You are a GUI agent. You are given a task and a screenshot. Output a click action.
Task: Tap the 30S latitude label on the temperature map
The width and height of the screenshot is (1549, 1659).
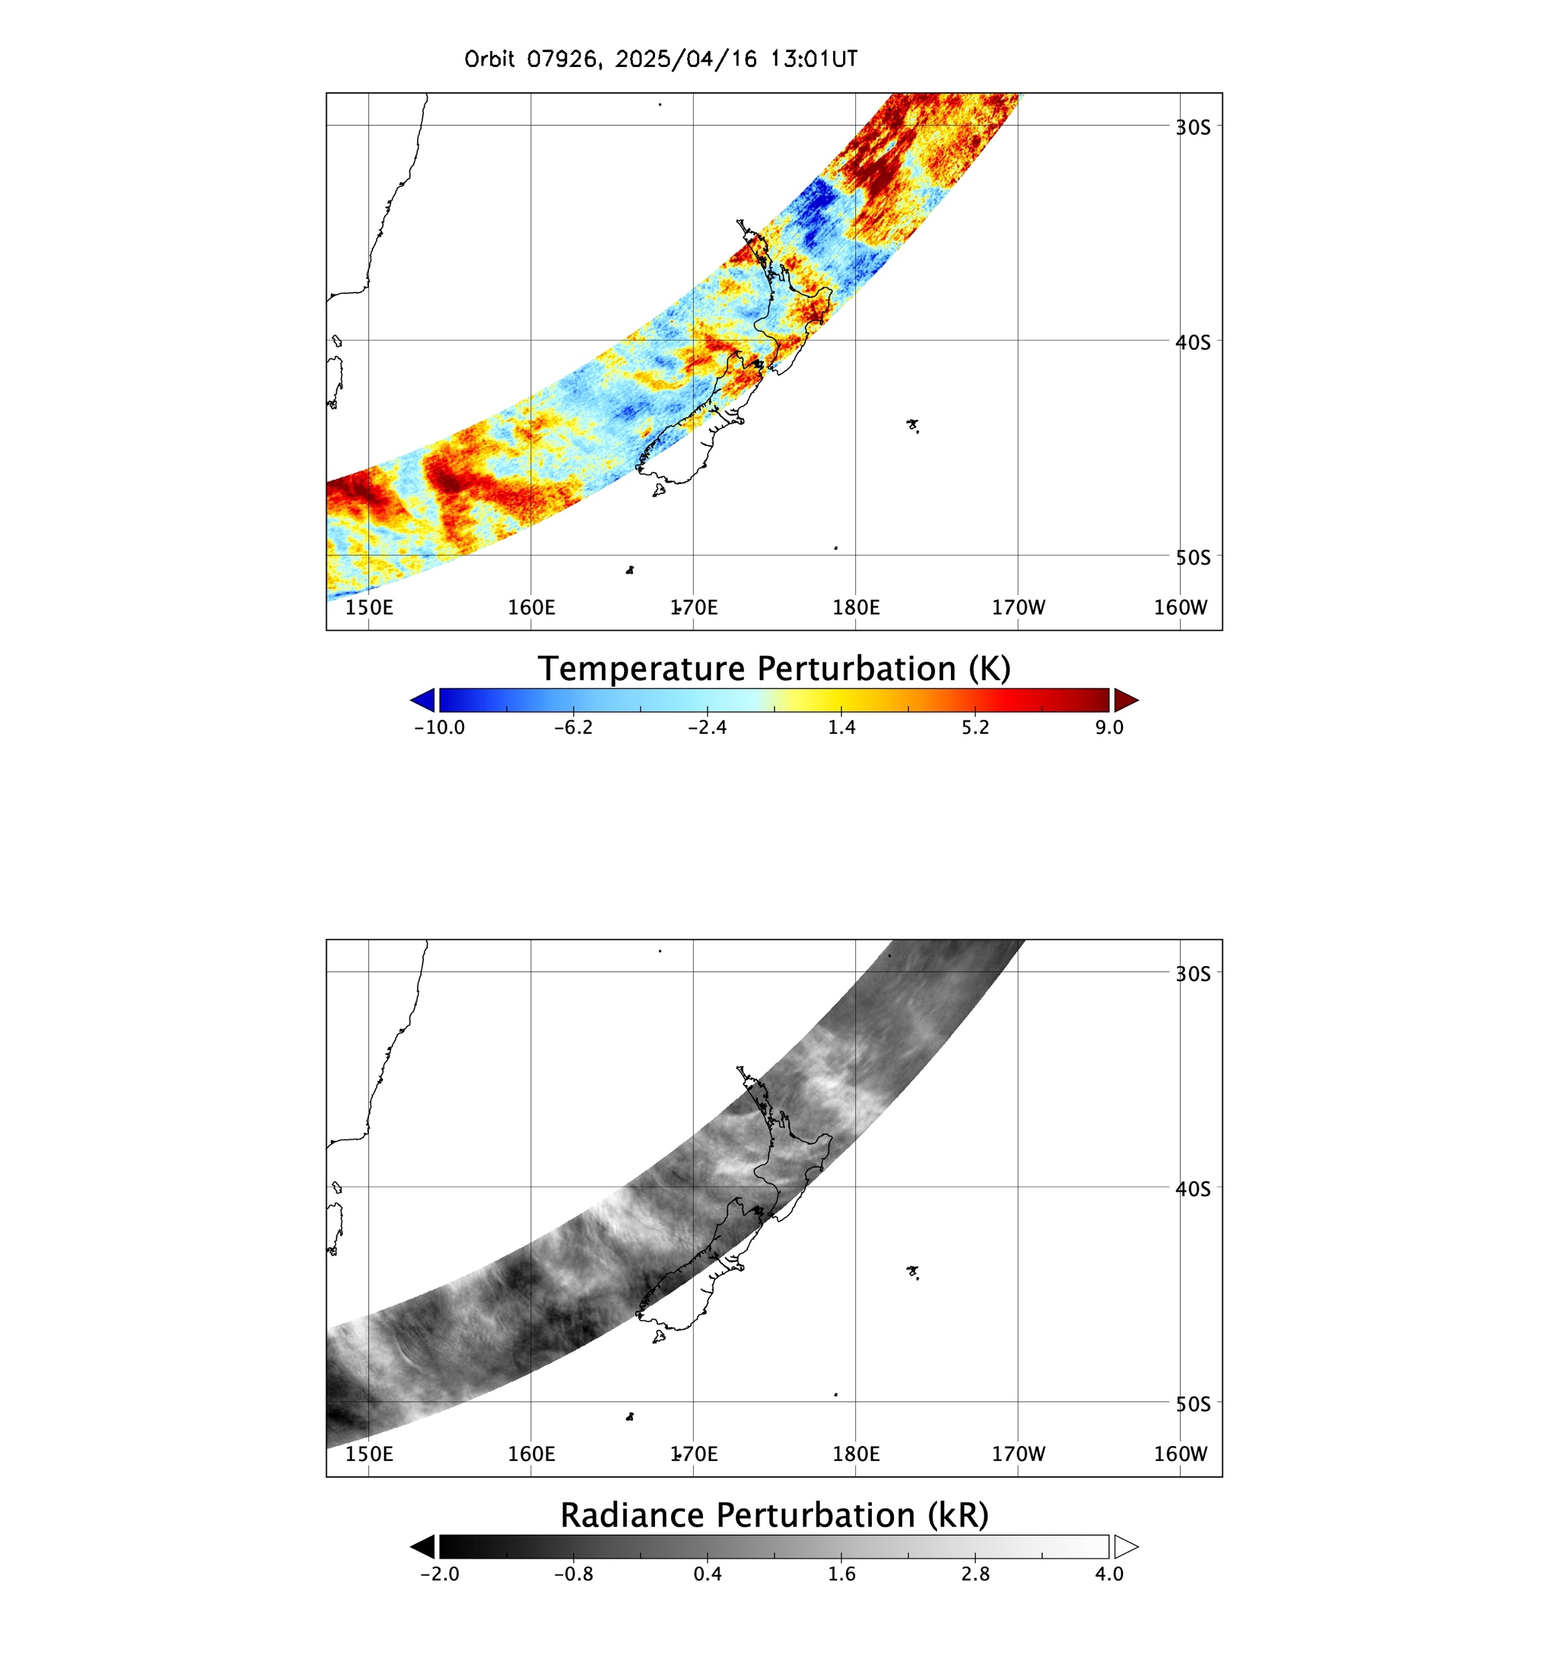point(1193,128)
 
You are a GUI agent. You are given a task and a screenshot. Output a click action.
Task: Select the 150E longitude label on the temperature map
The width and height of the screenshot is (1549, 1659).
point(369,607)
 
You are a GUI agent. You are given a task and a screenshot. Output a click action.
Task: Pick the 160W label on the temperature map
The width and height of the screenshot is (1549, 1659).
point(1180,607)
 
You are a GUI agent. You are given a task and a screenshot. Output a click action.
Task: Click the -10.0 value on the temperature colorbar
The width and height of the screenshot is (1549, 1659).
point(439,728)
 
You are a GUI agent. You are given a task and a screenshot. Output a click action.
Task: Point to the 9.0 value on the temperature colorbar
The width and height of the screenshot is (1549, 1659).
point(1109,728)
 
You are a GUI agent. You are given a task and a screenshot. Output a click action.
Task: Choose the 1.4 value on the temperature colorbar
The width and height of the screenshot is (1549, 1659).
point(841,728)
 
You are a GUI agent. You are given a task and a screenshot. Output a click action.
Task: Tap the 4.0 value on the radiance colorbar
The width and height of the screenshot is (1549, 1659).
point(1109,1574)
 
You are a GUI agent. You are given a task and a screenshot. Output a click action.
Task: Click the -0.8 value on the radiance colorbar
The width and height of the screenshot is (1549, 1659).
point(573,1574)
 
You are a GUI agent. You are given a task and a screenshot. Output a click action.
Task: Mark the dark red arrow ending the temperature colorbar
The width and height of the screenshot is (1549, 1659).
point(1126,700)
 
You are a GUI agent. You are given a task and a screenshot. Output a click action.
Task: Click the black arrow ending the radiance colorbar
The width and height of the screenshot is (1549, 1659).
point(423,1547)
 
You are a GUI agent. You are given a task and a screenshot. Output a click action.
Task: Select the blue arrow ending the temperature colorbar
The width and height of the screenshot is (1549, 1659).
point(423,700)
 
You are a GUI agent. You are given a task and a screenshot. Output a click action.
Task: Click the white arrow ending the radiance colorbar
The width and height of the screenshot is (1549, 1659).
point(1126,1547)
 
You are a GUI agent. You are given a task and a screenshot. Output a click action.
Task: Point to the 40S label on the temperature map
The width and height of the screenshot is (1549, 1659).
point(1193,342)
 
